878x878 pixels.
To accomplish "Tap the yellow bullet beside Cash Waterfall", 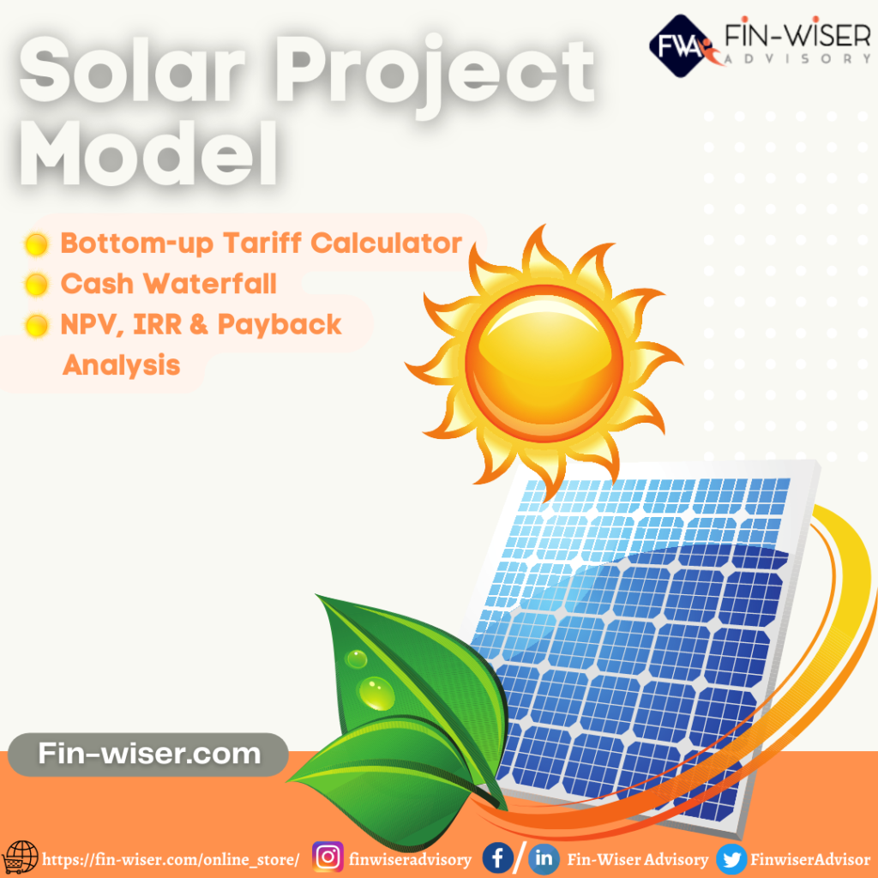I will [x=36, y=284].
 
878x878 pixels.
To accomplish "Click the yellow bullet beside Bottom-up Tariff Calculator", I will [x=36, y=244].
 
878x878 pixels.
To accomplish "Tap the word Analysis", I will [x=121, y=364].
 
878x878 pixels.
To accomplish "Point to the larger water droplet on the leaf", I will [x=376, y=692].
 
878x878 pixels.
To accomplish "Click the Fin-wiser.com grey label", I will [x=148, y=755].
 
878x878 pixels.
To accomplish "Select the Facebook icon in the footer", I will [x=497, y=857].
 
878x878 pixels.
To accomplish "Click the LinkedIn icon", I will [x=543, y=858].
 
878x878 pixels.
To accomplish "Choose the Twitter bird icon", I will [x=731, y=858].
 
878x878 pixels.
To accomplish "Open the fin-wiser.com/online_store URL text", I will [x=171, y=859].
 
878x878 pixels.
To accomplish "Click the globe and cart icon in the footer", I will [x=20, y=857].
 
